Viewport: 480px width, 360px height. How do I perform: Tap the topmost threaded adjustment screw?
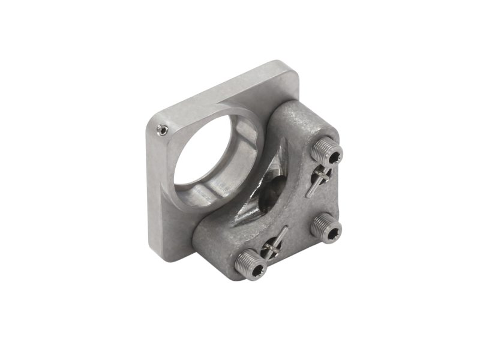[326, 154]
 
